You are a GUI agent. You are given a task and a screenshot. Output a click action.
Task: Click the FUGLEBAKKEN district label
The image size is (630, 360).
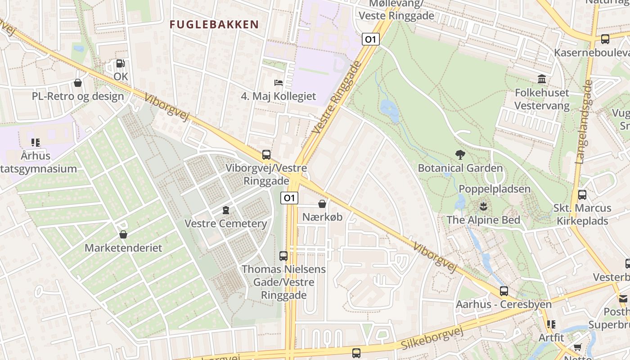214,24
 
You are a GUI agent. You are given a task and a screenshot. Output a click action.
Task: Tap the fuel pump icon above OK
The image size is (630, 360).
120,63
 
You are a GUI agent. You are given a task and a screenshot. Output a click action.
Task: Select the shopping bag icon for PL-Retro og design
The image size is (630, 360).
78,83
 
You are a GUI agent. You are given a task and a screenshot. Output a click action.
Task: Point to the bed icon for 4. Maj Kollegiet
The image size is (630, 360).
279,83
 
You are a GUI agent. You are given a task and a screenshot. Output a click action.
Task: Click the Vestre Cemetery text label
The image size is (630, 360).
226,224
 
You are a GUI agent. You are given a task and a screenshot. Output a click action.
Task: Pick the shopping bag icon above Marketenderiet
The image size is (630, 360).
123,234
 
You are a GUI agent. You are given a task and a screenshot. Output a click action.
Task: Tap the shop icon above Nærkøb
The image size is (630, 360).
322,204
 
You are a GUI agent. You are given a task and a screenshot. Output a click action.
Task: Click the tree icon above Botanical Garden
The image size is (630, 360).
460,155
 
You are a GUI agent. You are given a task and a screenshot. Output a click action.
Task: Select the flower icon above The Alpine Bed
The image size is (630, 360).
483,207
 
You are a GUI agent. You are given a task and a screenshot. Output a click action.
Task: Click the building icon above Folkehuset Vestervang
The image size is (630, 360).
542,80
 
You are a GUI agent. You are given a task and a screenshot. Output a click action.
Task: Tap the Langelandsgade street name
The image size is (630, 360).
584,121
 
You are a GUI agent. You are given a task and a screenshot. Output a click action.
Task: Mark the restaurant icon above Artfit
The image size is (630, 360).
551,324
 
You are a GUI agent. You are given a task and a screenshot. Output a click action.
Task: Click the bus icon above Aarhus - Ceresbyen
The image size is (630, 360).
504,291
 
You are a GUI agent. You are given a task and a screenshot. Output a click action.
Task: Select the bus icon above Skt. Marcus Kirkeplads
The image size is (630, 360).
582,195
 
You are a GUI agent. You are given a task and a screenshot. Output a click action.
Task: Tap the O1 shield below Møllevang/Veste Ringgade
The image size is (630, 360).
371,39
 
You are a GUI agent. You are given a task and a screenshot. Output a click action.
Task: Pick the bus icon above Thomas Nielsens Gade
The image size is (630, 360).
283,256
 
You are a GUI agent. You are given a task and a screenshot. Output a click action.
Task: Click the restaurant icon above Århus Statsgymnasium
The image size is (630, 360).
36,143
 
